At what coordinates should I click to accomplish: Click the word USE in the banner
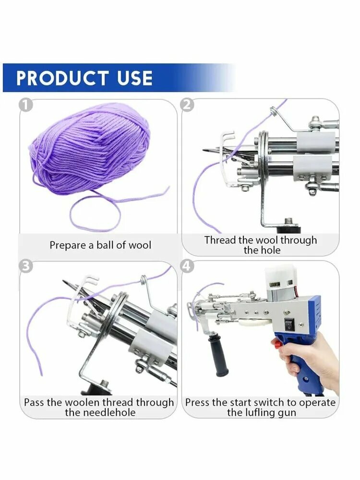tap(135, 78)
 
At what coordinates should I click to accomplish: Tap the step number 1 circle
tap(25, 105)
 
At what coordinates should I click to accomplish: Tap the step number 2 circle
tap(188, 105)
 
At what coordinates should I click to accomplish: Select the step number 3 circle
tap(25, 266)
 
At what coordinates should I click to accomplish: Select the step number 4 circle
tap(188, 266)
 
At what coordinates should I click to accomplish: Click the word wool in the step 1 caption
tap(140, 245)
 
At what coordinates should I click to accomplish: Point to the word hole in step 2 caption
tap(271, 251)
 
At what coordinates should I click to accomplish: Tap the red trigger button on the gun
tap(278, 345)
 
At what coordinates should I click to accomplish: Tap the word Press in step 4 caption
tap(196, 402)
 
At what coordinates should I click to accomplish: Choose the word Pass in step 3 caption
tap(35, 402)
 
